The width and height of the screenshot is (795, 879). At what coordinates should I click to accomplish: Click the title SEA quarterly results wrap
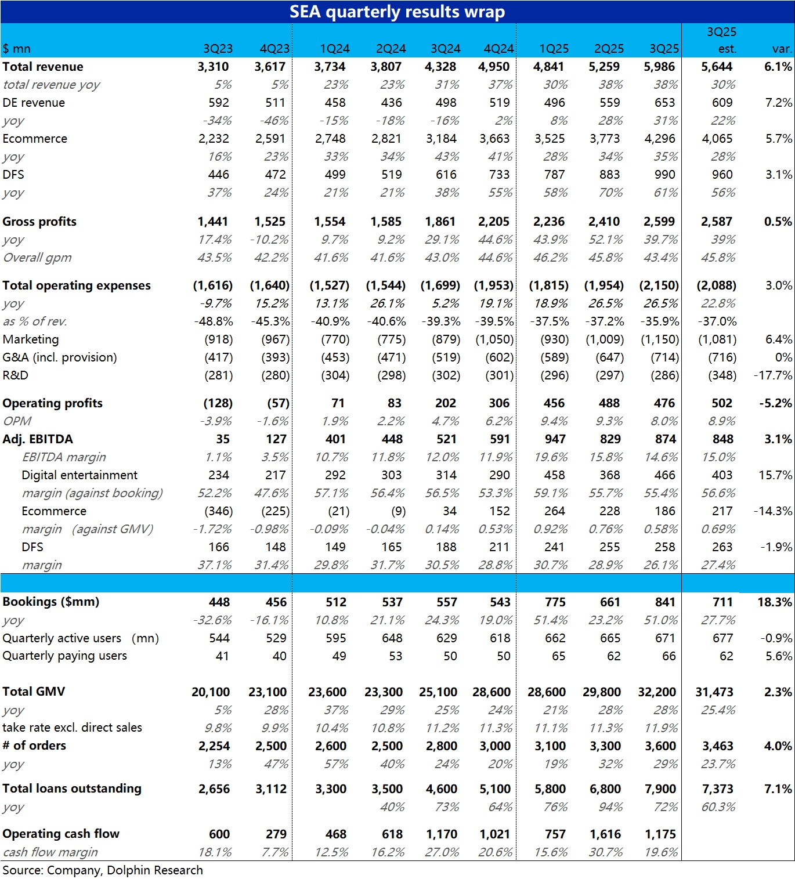point(397,12)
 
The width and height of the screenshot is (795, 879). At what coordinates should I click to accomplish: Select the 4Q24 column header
point(498,49)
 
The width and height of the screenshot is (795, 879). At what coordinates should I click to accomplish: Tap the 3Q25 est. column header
point(721,40)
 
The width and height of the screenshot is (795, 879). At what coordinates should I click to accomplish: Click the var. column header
point(782,49)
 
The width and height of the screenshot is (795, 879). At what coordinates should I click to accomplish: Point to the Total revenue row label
point(43,67)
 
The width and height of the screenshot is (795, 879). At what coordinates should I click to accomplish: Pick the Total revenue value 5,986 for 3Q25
point(659,67)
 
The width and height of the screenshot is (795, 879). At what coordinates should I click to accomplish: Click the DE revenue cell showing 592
point(219,103)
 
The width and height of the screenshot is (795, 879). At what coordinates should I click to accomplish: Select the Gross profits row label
point(39,222)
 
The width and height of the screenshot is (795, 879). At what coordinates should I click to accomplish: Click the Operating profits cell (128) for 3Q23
point(218,403)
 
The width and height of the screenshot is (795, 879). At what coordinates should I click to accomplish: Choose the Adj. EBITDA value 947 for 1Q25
point(555,439)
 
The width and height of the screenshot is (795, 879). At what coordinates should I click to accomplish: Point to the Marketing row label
point(31,339)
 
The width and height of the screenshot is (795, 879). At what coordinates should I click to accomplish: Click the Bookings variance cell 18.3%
point(774,602)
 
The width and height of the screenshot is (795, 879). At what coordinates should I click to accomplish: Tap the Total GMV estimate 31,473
point(714,692)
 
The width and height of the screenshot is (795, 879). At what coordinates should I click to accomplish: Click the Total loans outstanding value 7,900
point(660,789)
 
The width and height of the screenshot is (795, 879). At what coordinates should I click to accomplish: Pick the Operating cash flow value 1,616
point(605,834)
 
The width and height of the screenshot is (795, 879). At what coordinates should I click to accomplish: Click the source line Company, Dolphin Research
point(103,870)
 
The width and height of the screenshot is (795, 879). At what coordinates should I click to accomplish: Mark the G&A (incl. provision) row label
point(60,357)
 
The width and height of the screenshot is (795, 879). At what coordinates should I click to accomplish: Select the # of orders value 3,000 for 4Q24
point(495,746)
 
